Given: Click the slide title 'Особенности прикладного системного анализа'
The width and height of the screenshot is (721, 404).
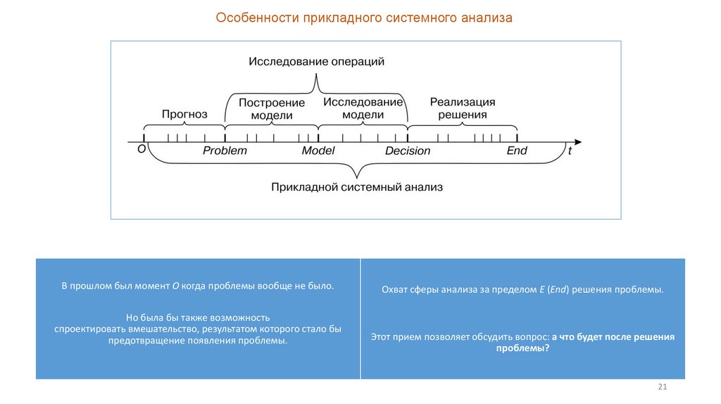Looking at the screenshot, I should click(x=364, y=18).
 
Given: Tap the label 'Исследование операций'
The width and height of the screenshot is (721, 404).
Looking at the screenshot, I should click(x=316, y=61).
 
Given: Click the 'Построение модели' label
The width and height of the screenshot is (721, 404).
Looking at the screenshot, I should click(x=271, y=108).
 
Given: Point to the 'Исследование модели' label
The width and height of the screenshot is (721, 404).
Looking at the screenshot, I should click(x=363, y=108).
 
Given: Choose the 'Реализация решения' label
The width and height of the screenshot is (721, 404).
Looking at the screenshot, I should click(x=463, y=108).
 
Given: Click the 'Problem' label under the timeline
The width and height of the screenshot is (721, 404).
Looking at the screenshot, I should click(x=225, y=151).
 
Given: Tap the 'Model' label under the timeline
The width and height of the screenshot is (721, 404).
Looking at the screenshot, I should click(x=318, y=151).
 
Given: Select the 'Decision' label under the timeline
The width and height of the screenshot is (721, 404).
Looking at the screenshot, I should click(x=408, y=151).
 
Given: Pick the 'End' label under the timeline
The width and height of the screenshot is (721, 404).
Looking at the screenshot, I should click(x=517, y=151).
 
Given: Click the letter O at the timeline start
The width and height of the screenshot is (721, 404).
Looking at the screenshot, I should click(x=142, y=149).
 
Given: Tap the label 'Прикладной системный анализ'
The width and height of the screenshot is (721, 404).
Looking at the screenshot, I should click(x=357, y=187).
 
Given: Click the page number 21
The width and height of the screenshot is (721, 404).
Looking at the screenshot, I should click(x=662, y=388).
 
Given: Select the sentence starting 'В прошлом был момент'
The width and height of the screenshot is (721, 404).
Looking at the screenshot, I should click(x=197, y=286).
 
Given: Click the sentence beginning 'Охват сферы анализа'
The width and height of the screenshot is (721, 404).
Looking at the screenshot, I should click(x=522, y=290).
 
